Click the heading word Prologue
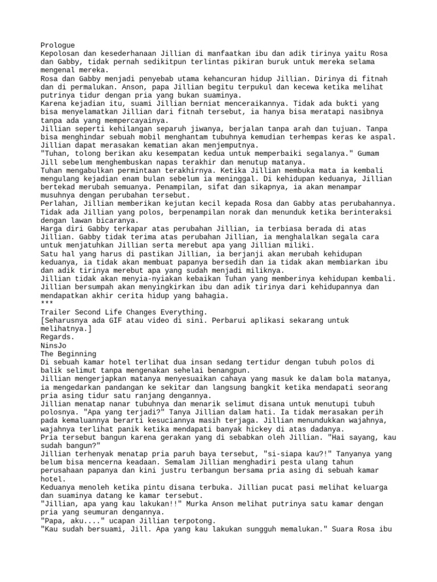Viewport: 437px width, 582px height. (57, 45)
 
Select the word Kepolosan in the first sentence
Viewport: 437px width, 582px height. (60, 53)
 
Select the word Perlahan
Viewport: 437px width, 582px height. (59, 203)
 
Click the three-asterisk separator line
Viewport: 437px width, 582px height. (48, 304)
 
